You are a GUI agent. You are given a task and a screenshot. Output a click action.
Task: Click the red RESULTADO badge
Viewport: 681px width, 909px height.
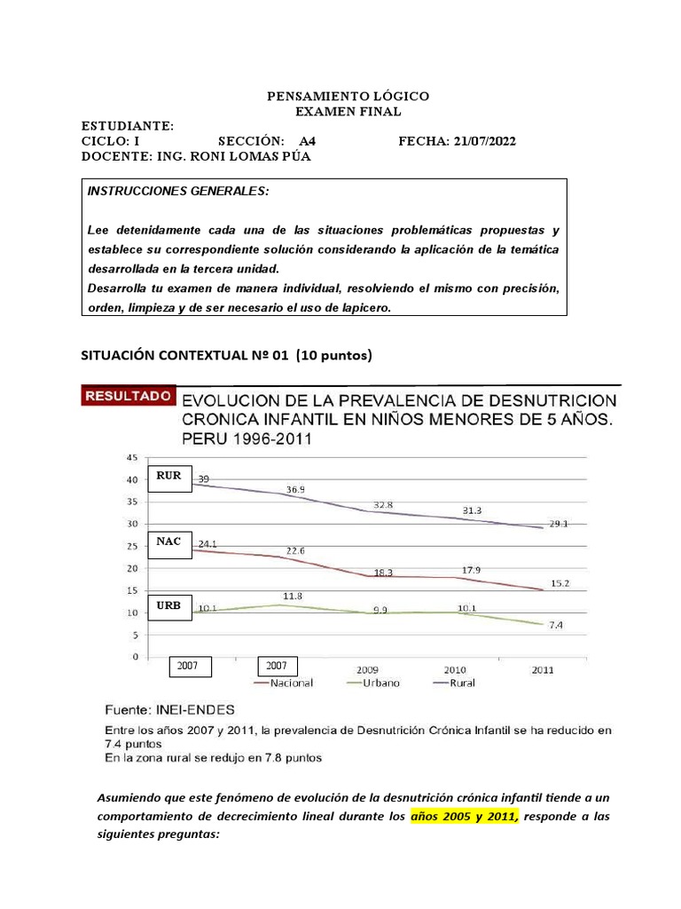click(x=127, y=396)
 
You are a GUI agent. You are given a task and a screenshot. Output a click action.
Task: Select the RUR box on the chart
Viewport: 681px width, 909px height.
click(x=168, y=477)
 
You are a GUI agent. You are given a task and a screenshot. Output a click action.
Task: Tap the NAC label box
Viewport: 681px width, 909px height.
click(x=168, y=541)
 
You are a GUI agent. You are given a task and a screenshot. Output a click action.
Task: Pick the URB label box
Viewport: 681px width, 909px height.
click(x=168, y=606)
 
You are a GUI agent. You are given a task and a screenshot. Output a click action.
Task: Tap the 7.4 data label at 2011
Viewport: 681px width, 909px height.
click(x=554, y=626)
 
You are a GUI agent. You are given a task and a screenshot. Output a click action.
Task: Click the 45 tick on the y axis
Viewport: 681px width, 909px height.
click(x=132, y=458)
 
